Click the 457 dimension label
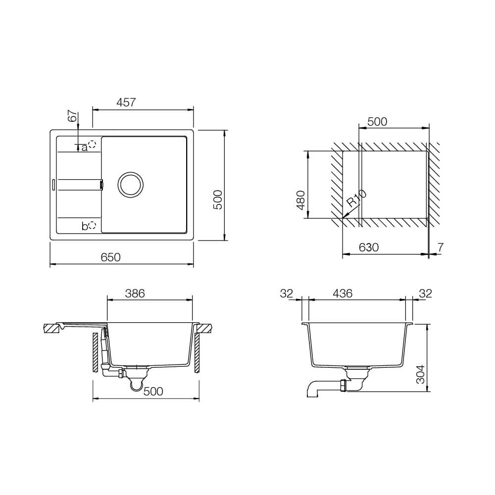[x=126, y=102]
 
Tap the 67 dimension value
[x=73, y=116]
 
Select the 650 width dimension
[x=110, y=257]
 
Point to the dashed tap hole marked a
[x=92, y=145]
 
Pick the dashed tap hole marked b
[x=92, y=225]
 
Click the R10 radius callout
[x=357, y=198]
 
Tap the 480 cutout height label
[x=301, y=200]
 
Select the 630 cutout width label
[x=369, y=247]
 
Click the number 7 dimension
[x=441, y=247]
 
